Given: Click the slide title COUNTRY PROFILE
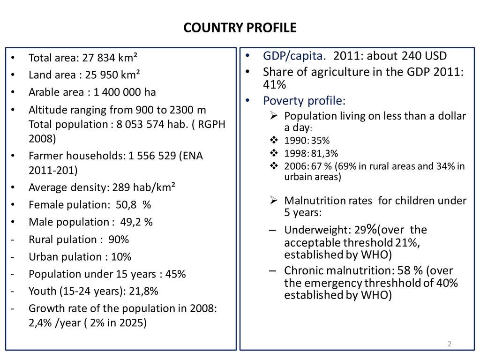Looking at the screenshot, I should point(240,28).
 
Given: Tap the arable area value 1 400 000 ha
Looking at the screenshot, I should point(121,92).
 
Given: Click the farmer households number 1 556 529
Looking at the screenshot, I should point(149,156).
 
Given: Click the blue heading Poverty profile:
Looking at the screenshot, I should point(304,101).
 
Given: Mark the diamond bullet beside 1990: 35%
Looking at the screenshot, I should point(274,141).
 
